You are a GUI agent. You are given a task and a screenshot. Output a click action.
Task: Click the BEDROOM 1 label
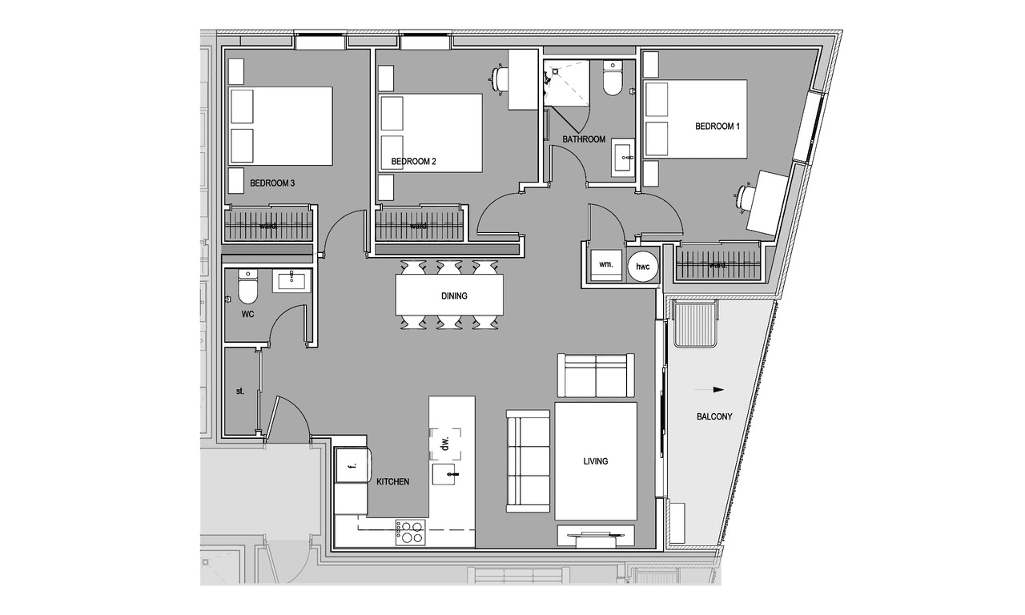pos(717,127)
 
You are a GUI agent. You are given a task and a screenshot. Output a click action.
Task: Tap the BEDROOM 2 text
pos(414,162)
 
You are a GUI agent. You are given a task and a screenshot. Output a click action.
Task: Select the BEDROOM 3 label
pos(272,183)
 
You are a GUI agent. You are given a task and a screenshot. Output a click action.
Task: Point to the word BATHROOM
pos(584,139)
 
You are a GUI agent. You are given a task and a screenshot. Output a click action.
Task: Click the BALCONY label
pos(714,417)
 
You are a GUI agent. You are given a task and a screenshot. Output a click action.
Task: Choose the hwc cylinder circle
pos(642,267)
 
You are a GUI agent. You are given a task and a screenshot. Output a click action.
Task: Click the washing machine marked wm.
pos(606,265)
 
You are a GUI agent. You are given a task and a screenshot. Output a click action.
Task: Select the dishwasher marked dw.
pos(444,444)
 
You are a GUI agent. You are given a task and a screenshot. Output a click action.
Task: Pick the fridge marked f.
pos(353,465)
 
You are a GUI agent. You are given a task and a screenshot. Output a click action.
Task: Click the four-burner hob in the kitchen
pos(410,533)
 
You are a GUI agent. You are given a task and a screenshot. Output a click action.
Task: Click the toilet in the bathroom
pos(613,78)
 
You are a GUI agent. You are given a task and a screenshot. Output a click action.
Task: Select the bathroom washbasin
pos(623,158)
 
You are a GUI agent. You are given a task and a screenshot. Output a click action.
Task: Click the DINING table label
pos(454,296)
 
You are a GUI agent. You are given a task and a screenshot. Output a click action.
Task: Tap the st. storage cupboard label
pos(240,392)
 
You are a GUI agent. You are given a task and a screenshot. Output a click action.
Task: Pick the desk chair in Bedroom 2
pos(500,80)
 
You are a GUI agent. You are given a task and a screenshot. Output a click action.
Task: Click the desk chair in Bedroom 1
pos(745,198)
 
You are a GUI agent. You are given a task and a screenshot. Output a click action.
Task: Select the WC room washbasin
pos(291,280)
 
